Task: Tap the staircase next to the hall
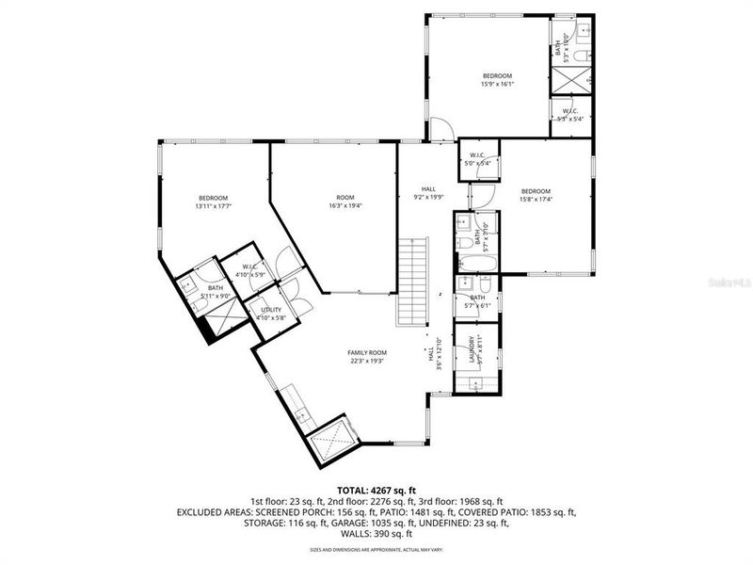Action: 413,281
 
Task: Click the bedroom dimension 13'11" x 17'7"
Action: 213,205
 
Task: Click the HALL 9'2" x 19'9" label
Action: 428,193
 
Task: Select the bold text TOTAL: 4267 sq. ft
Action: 376,490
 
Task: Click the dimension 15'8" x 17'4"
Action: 536,199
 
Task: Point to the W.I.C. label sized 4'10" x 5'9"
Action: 250,270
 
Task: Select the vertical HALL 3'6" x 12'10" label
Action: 430,356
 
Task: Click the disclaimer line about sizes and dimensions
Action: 376,549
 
